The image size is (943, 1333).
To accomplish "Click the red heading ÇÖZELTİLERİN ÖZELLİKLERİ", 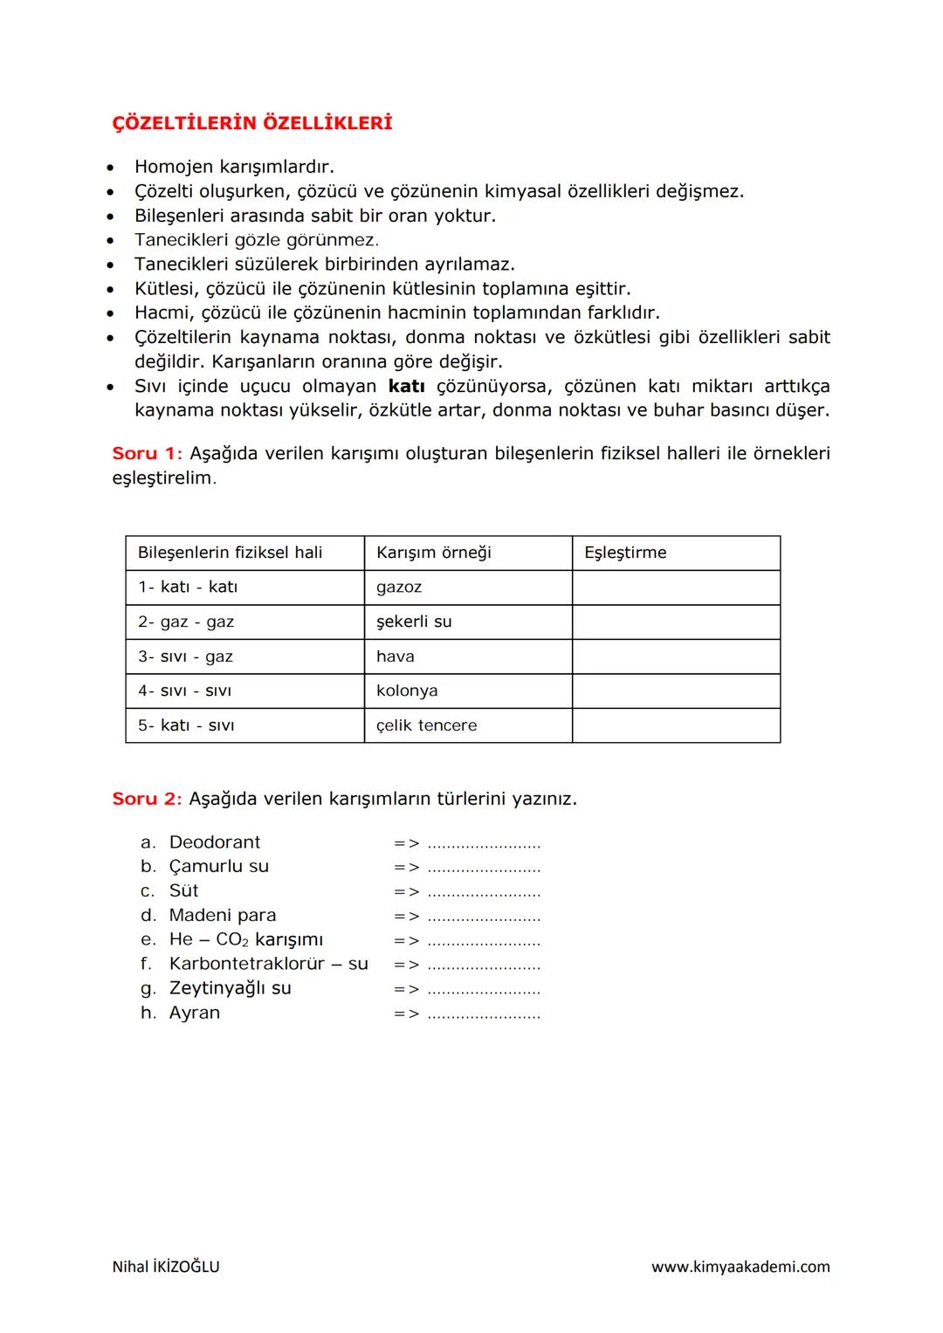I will click(252, 123).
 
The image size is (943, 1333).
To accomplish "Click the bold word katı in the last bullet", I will click(406, 386).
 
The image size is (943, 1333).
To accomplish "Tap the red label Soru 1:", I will click(147, 453).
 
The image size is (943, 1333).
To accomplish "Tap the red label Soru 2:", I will click(147, 799).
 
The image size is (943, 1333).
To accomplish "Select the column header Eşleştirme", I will click(625, 553).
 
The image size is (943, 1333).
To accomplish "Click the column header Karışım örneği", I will click(433, 553).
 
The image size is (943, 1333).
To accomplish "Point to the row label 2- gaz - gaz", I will click(186, 622).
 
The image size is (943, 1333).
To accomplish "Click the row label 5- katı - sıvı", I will click(186, 725).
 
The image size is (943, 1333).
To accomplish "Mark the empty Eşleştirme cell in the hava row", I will click(676, 656).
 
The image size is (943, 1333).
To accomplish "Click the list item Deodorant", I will click(215, 842).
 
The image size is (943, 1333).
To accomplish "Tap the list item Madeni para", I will click(223, 915).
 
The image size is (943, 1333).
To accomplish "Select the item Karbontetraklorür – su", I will click(268, 964).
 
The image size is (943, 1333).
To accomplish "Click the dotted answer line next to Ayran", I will click(484, 1014).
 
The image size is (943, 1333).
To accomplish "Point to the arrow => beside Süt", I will click(406, 892).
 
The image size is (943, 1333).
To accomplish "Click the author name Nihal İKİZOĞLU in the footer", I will click(166, 1267).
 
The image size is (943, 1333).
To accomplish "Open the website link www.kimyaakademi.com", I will click(740, 1267).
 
